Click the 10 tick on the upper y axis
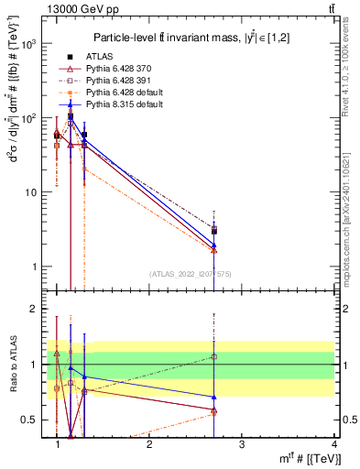pos(29,192)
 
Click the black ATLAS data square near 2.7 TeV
pos(213,231)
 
